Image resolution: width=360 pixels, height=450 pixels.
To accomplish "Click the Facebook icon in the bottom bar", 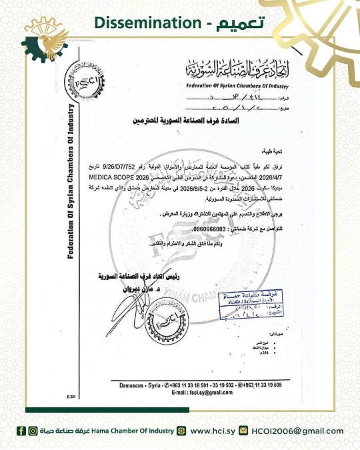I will pos(22,431).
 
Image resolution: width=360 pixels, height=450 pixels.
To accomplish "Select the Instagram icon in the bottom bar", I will pos(33,431).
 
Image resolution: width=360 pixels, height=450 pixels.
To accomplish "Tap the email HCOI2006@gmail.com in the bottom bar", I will pos(296,431).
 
